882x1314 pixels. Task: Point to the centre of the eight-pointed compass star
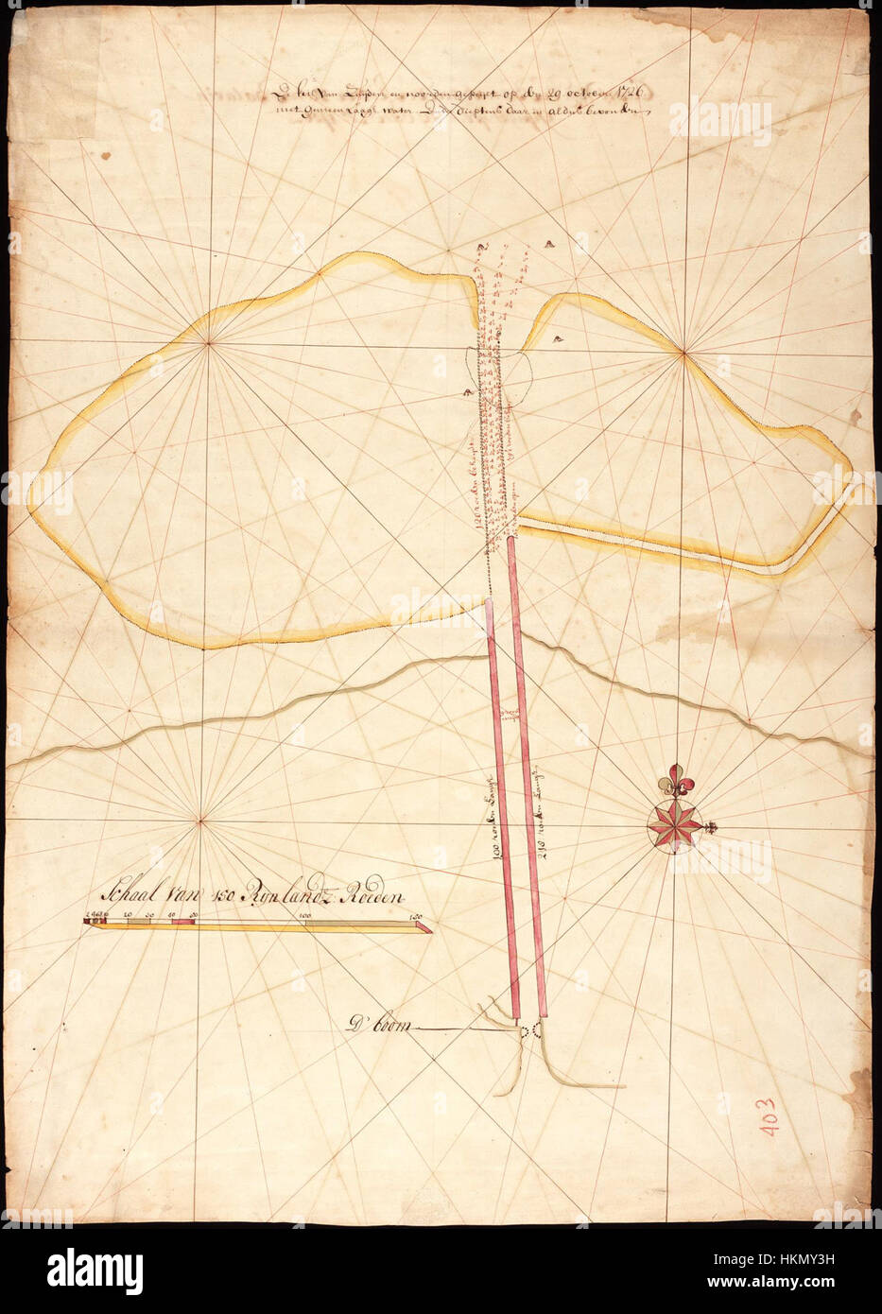[x=675, y=823]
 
